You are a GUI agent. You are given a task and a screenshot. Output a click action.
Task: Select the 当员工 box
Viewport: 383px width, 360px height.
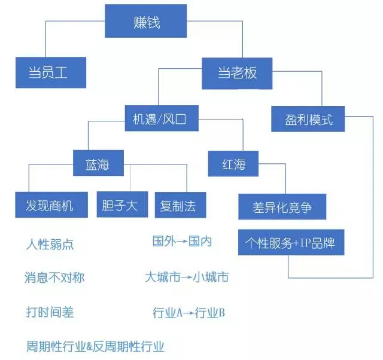(50, 73)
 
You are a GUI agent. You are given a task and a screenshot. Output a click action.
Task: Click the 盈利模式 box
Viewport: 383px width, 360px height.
(309, 120)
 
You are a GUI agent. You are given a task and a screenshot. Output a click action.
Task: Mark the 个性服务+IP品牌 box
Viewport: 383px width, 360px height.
(291, 243)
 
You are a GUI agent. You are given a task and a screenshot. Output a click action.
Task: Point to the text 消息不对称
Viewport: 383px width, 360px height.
(54, 277)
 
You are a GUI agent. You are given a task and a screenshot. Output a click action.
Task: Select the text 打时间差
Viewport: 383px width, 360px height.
(50, 312)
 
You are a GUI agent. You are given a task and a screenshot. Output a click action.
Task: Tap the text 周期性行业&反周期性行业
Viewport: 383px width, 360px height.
(95, 346)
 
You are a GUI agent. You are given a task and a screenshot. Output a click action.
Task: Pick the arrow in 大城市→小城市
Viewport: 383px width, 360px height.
(186, 277)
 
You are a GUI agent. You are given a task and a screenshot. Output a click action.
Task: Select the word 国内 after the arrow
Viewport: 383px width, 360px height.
(200, 242)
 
